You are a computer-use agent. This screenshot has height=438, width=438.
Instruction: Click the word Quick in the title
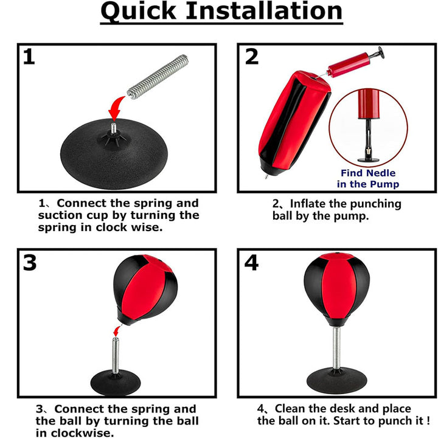pyautogui.click(x=139, y=12)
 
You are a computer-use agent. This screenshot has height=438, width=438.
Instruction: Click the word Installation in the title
pyautogui.click(x=264, y=10)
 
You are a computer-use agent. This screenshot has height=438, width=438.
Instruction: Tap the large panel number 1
pyautogui.click(x=29, y=57)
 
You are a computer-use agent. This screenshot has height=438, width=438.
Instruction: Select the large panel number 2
pyautogui.click(x=252, y=57)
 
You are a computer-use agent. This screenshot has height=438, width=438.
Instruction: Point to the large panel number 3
pyautogui.click(x=30, y=263)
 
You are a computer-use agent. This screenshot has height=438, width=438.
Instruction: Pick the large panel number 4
pyautogui.click(x=251, y=263)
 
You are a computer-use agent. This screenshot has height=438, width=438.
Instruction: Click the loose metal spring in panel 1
pyautogui.click(x=158, y=77)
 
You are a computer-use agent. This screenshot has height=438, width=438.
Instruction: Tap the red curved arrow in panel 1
pyautogui.click(x=116, y=108)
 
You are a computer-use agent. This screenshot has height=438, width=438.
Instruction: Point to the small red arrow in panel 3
pyautogui.click(x=117, y=331)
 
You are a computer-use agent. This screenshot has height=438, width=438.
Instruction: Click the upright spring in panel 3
pyautogui.click(x=116, y=356)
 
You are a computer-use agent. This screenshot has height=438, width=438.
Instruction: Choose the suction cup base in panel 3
pyautogui.click(x=116, y=383)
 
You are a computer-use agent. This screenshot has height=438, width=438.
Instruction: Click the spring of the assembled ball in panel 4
pyautogui.click(x=337, y=348)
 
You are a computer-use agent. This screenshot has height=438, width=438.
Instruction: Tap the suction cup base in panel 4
pyautogui.click(x=336, y=380)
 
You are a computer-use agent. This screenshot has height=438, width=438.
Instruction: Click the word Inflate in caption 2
pyautogui.click(x=308, y=204)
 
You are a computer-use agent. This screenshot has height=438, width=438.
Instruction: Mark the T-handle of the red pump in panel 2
pyautogui.click(x=380, y=52)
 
